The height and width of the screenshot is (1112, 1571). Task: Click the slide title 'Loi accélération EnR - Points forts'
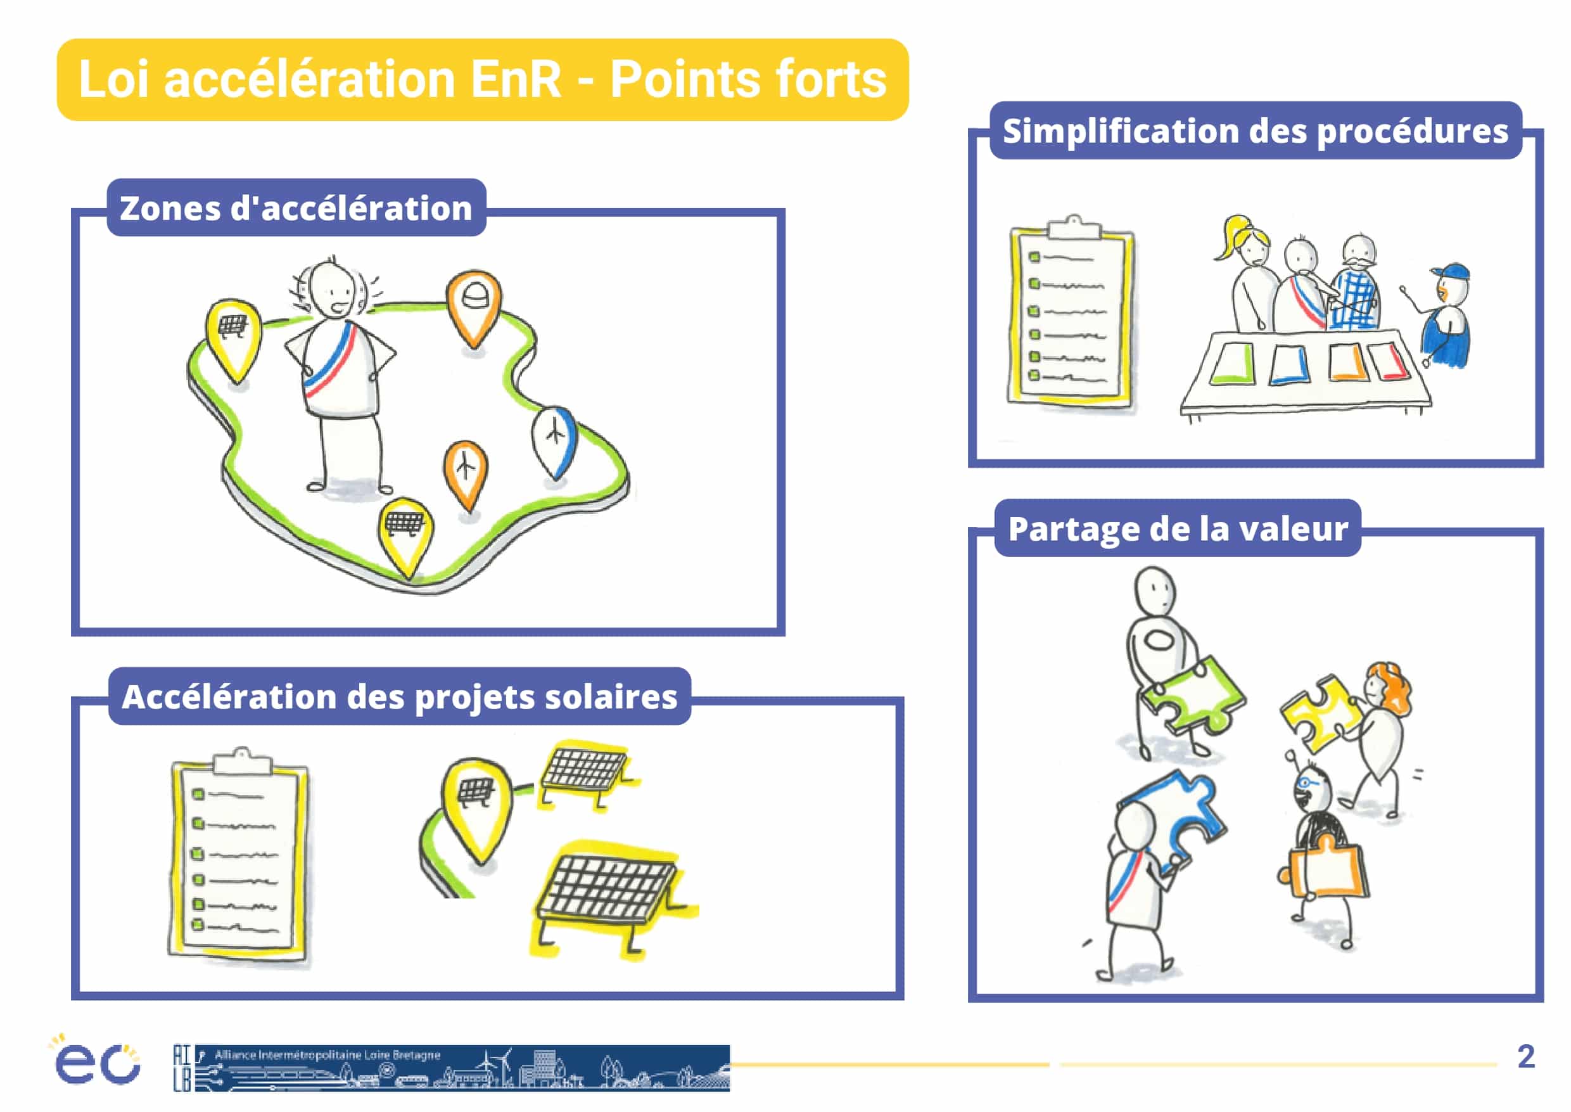pos(483,79)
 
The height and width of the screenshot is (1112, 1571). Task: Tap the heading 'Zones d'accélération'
pos(296,208)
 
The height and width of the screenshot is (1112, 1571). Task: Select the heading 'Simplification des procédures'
pos(1256,131)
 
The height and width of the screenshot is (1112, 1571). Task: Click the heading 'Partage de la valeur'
pos(1178,528)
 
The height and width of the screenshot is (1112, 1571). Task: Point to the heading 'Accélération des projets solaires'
pos(400,696)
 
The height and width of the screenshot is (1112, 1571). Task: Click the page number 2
pos(1526,1056)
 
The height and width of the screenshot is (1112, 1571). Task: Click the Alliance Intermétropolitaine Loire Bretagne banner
pos(452,1068)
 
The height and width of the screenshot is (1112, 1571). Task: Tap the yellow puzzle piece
pos(1320,712)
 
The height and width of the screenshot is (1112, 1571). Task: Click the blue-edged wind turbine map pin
pos(554,442)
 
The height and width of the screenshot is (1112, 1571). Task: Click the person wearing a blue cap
pos(1441,316)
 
